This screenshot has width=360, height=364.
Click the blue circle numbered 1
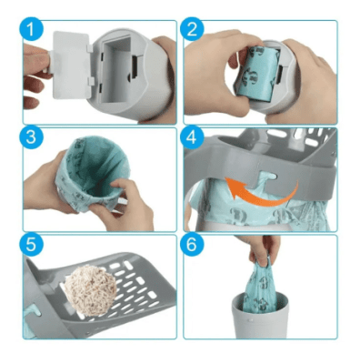tap(32, 29)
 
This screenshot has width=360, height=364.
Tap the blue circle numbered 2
tap(192, 29)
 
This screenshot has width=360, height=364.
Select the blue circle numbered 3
tap(32, 137)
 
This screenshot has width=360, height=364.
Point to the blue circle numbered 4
tap(192, 137)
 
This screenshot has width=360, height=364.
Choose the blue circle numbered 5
tap(32, 245)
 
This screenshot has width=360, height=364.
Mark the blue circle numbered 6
tap(192, 245)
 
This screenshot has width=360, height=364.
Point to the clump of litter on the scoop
tap(90, 286)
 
